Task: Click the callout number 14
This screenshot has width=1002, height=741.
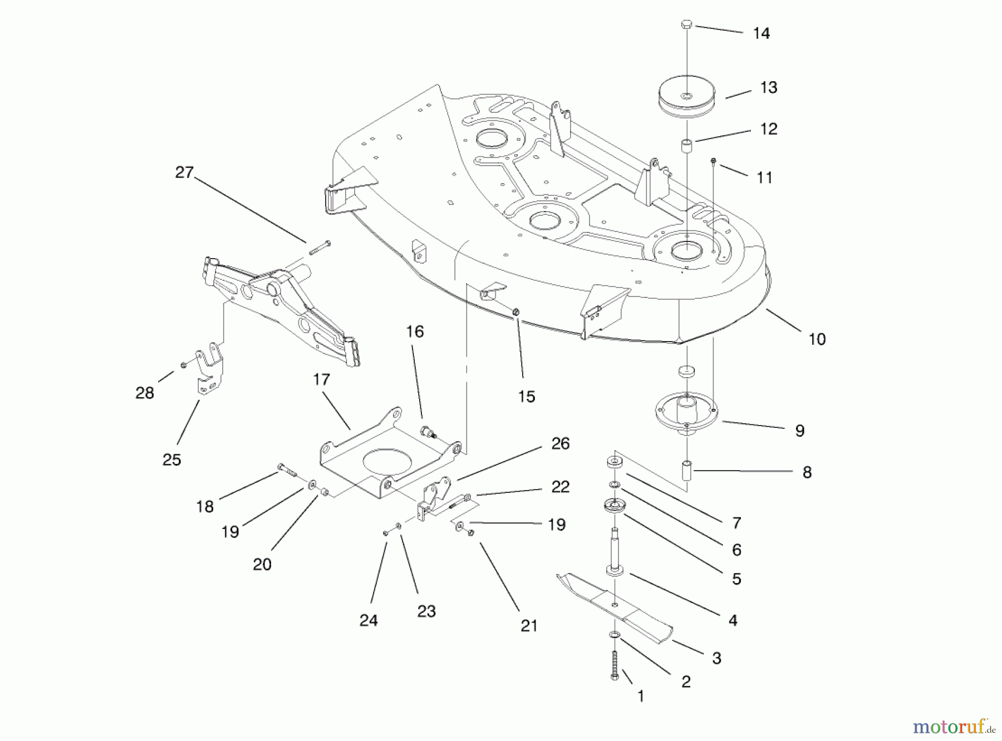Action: click(x=761, y=33)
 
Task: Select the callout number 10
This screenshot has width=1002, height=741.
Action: click(x=817, y=339)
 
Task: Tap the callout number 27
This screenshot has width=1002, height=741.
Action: click(x=184, y=172)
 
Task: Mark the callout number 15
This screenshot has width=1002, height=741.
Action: click(x=526, y=396)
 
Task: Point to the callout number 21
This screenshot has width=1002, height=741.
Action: click(x=529, y=625)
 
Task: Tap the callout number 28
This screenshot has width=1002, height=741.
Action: click(x=145, y=393)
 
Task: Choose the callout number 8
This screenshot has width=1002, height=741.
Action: click(x=807, y=472)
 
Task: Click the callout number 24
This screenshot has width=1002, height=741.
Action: click(x=369, y=620)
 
